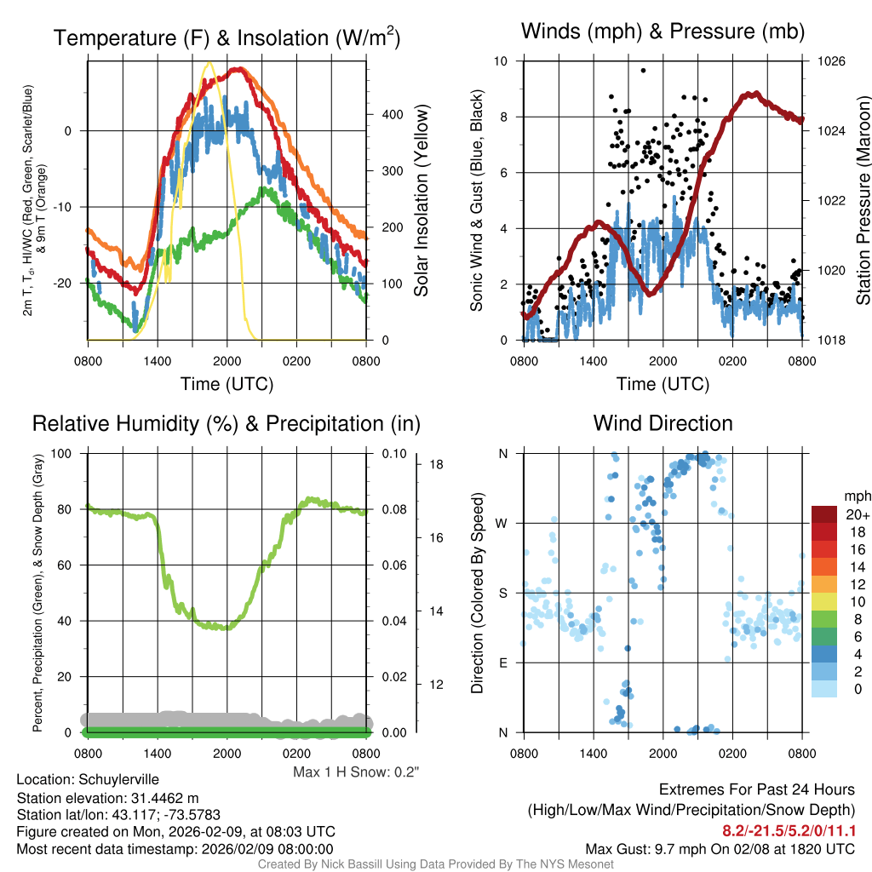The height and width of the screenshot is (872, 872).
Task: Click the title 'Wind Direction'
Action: click(663, 423)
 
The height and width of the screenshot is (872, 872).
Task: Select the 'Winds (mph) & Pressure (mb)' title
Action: click(663, 32)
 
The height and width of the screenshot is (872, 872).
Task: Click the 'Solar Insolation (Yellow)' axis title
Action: click(421, 201)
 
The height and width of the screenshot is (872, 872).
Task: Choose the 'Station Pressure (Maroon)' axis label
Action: click(863, 201)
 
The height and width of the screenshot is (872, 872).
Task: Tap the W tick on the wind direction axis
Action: click(503, 523)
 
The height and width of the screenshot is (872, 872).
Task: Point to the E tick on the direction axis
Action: click(504, 663)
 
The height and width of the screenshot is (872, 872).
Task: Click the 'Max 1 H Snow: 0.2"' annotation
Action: click(356, 772)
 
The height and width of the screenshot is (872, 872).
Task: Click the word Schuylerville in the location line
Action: click(118, 779)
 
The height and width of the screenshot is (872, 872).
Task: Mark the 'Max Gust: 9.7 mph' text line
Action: click(720, 849)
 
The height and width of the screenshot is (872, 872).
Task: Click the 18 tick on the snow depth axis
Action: click(435, 465)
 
